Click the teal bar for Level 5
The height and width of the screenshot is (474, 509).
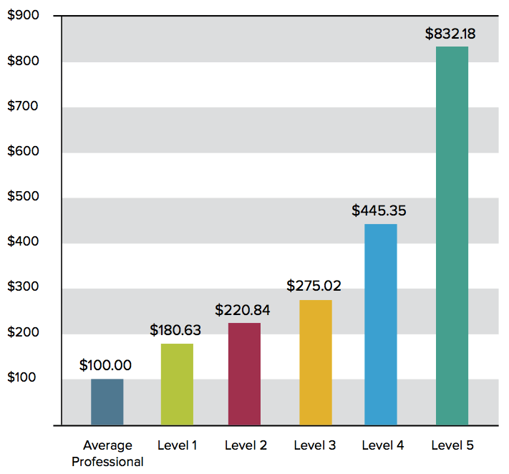(x=452, y=236)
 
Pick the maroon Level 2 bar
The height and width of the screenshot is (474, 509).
(x=244, y=374)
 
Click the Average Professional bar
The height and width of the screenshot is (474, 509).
(x=107, y=402)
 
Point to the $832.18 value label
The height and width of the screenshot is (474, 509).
(x=450, y=33)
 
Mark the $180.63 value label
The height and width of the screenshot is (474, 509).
(x=175, y=330)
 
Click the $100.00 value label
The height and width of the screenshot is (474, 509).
(x=105, y=365)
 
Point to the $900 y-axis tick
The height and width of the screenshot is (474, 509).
(x=23, y=15)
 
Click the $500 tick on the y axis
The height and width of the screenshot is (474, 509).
(x=23, y=197)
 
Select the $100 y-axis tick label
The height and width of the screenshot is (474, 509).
(x=23, y=378)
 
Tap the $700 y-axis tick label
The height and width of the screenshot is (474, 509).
(x=23, y=106)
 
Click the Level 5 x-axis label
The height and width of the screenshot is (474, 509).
(x=452, y=445)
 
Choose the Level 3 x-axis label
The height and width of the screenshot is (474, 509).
(x=315, y=445)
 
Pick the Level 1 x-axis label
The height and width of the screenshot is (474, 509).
(x=177, y=445)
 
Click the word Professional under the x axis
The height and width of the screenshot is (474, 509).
(x=107, y=462)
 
